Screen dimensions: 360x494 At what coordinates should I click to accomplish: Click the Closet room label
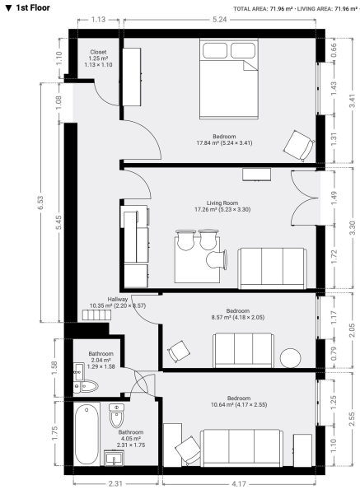pos(98,52)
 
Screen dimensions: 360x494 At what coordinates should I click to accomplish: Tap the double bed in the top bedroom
pos(229,79)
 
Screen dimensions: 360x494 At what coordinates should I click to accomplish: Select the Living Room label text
pos(222,203)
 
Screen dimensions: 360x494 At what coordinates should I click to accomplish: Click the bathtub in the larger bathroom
pos(86,434)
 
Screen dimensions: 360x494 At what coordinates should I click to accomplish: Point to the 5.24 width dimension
pos(220,20)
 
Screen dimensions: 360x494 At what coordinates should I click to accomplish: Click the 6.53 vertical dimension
pos(40,203)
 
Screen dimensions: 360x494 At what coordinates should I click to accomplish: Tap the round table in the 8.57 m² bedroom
pos(290,358)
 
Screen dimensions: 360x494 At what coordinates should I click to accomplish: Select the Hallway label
pos(118,300)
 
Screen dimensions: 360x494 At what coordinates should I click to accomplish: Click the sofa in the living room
pos(272,268)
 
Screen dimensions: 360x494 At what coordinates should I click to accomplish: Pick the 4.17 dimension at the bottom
pos(240,483)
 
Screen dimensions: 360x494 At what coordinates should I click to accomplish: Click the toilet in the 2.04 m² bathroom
pos(86,386)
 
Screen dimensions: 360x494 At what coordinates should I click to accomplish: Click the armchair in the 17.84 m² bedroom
pos(299,146)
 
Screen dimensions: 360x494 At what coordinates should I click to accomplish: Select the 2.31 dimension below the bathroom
pos(115,483)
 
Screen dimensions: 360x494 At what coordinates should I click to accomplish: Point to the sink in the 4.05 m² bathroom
pos(115,458)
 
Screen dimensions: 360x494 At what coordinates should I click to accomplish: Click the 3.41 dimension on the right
pos(352,100)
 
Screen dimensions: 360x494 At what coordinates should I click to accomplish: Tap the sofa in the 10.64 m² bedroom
pos(242,448)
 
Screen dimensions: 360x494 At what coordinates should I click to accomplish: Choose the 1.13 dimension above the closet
pos(98,20)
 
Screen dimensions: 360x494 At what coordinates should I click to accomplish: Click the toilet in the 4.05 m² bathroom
pos(117,416)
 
